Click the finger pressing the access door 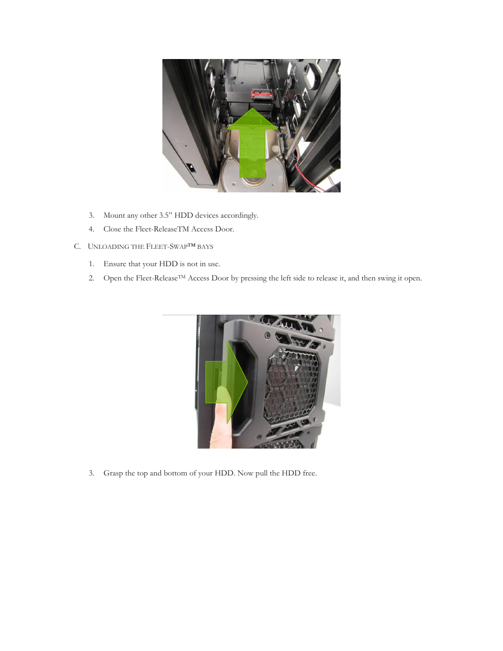220,422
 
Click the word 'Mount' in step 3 114,215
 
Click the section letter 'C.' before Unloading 78,247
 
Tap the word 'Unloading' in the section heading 108,247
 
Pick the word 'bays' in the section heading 205,247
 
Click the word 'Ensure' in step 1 114,264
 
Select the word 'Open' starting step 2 112,278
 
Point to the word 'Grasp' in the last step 113,473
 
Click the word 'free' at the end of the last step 309,473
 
